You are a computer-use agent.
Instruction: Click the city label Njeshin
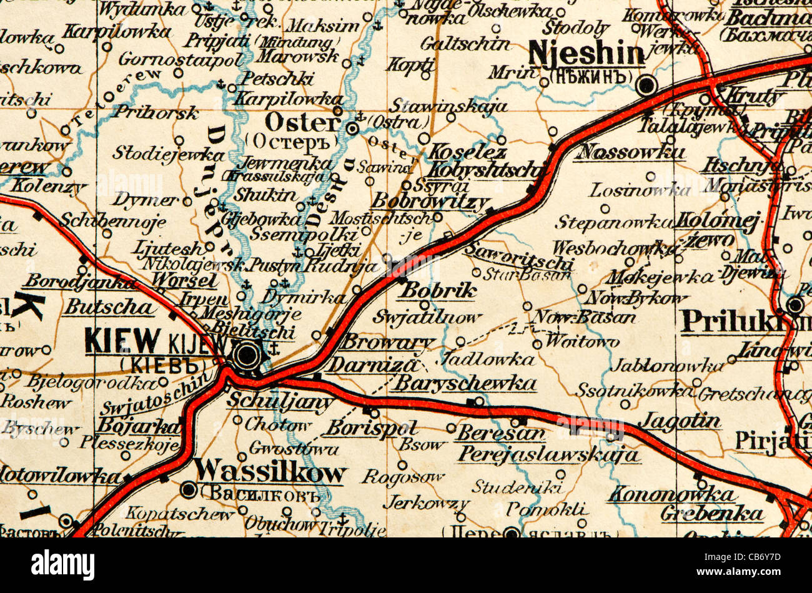click(x=585, y=54)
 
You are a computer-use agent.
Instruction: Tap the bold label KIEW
click(x=122, y=341)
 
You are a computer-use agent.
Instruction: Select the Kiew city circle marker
click(x=247, y=355)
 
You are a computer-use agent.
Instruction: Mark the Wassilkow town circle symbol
click(x=188, y=490)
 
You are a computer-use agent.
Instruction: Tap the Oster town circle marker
click(x=353, y=129)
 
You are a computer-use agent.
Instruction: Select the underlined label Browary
click(x=388, y=342)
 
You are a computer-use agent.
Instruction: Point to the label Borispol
click(x=371, y=428)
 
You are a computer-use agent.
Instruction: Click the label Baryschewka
click(x=466, y=383)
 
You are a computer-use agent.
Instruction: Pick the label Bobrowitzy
click(x=430, y=202)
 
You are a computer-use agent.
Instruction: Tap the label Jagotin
click(x=679, y=421)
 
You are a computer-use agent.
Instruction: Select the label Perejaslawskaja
click(x=548, y=454)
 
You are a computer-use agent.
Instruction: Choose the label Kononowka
click(x=671, y=494)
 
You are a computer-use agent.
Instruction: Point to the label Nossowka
click(x=631, y=152)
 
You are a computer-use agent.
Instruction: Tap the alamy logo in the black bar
click(x=62, y=565)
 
